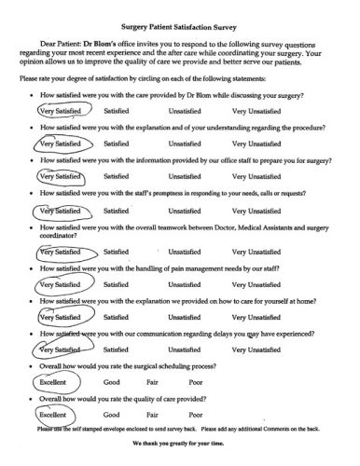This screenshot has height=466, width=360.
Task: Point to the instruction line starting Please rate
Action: pos(168,80)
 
